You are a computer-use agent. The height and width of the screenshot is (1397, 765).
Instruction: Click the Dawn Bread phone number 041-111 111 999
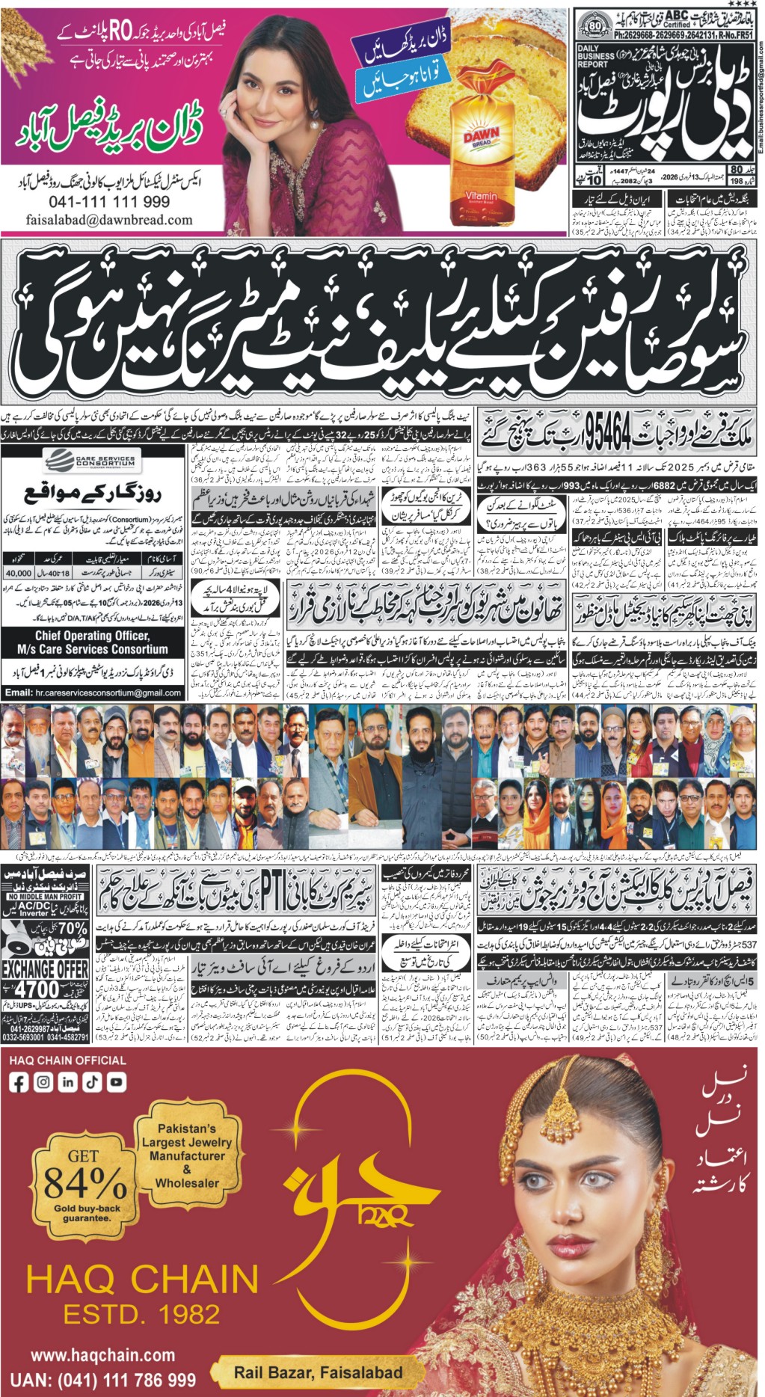(x=109, y=202)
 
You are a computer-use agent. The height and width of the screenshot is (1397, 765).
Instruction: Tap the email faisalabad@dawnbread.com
(x=109, y=220)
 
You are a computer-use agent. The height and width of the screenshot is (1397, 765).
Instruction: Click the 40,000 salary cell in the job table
(x=18, y=573)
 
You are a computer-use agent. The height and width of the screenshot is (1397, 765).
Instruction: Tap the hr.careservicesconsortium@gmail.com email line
(x=91, y=693)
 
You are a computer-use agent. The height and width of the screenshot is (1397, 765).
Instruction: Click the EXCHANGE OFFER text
(x=45, y=969)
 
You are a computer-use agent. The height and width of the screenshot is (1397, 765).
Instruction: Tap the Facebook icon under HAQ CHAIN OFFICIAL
(x=19, y=1081)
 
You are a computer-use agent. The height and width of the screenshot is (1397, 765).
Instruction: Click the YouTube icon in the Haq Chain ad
(x=116, y=1081)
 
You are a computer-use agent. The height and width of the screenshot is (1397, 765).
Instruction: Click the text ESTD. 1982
(x=141, y=1313)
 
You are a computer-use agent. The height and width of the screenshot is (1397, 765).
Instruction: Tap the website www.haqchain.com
(x=103, y=1355)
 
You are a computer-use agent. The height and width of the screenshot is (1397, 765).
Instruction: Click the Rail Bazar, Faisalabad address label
(x=318, y=1372)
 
